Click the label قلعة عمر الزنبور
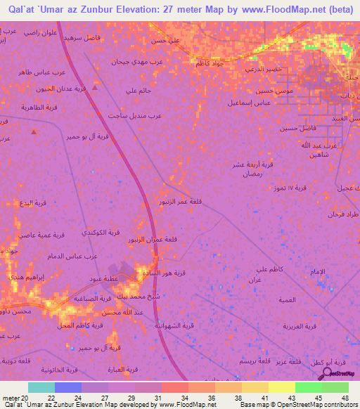[x=182, y=203]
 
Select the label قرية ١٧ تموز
[x=310, y=188]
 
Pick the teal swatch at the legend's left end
[x=41, y=387]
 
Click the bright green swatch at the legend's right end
[x=335, y=387]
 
